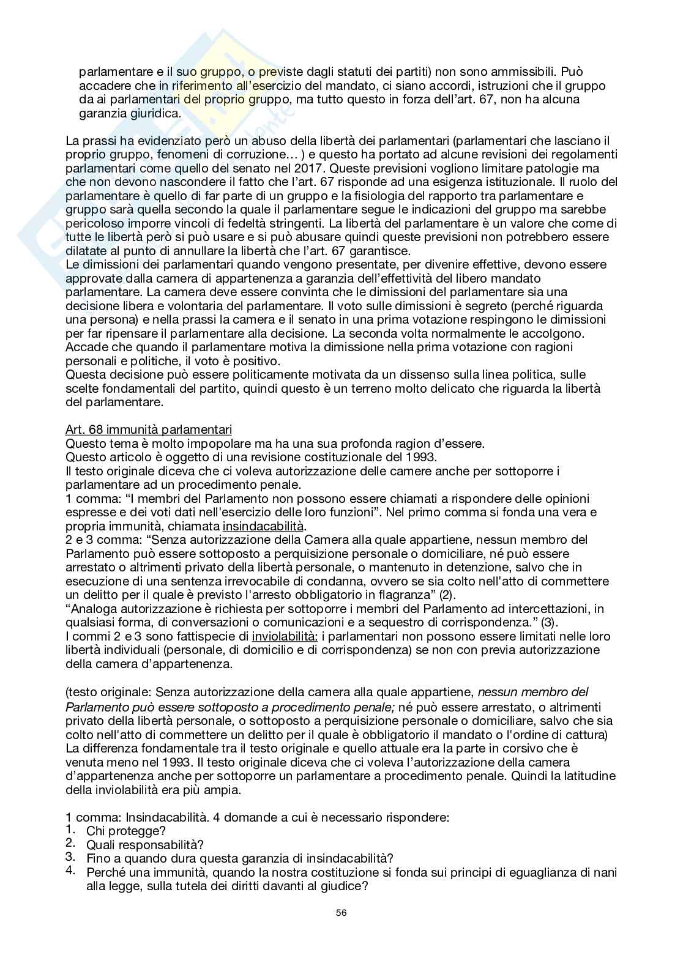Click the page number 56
341,931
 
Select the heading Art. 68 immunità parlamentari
148,430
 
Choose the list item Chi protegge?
126,831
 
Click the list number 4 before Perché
70,871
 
